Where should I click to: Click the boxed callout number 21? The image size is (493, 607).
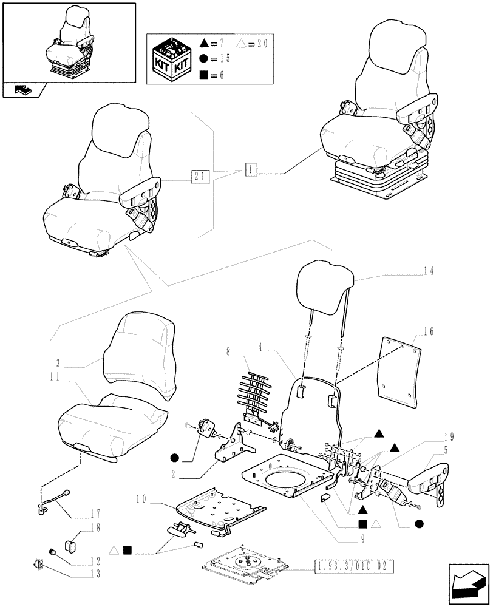click(199, 177)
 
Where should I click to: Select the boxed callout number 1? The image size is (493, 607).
click(252, 170)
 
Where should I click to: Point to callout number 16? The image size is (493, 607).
click(429, 331)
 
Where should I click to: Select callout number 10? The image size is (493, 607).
click(142, 498)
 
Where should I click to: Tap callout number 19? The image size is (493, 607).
click(449, 436)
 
